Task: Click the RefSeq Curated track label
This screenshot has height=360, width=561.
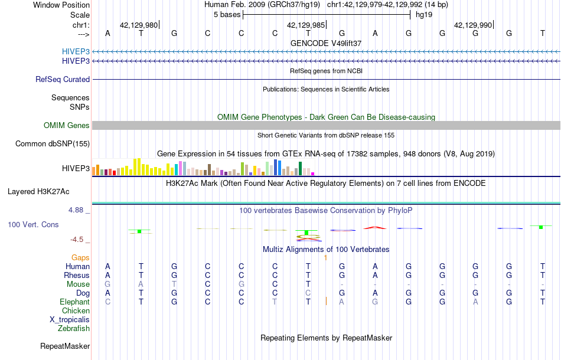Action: (63, 79)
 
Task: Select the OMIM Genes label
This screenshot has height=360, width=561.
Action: (67, 125)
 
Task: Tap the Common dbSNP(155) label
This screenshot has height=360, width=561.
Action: (53, 143)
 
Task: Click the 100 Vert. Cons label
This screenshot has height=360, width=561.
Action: (33, 225)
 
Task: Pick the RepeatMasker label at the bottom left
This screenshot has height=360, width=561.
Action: (65, 346)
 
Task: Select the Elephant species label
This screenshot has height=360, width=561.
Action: (75, 302)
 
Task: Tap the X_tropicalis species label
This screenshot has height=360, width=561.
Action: (70, 319)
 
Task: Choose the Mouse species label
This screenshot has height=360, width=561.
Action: (78, 284)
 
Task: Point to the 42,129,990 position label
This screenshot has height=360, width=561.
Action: (472, 25)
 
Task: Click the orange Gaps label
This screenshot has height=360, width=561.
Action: (80, 257)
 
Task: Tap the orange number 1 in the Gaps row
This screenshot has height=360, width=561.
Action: (325, 257)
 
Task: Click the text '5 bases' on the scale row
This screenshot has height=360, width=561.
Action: (226, 14)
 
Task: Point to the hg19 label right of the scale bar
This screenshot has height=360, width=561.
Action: (424, 14)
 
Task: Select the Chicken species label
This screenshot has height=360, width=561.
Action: (76, 310)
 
